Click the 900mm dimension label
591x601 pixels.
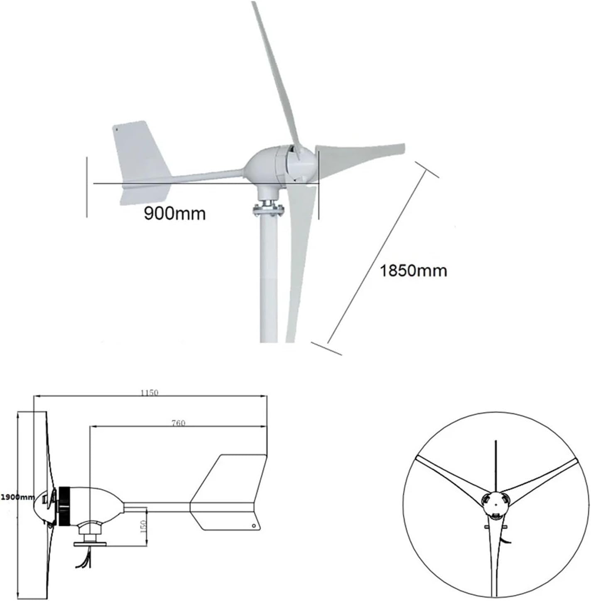tap(174, 213)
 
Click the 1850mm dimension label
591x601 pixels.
tap(413, 271)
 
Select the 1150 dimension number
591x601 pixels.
tap(149, 393)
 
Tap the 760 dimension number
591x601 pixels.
tap(178, 423)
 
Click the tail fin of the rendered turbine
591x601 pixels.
tap(141, 154)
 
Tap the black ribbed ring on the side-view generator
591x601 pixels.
tap(64, 507)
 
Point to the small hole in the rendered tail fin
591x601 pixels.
tap(117, 129)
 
